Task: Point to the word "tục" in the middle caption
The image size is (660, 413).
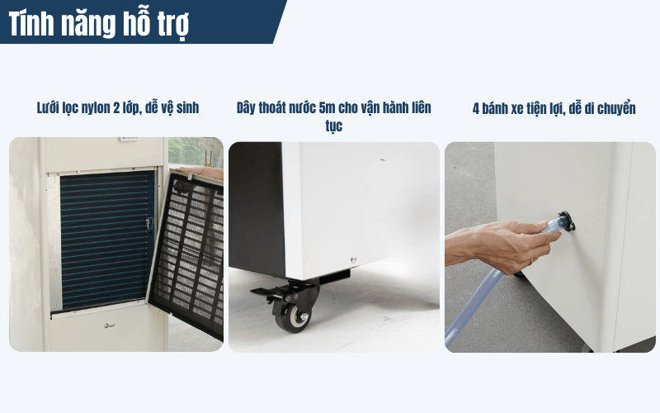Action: click(x=333, y=127)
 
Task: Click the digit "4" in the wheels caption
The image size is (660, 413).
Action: click(x=475, y=108)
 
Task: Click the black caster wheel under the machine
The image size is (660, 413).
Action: click(x=293, y=314)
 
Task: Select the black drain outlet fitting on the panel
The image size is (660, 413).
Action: click(x=565, y=221)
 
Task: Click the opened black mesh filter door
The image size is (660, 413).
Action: click(x=191, y=248)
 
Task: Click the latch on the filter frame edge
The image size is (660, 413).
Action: click(x=149, y=223)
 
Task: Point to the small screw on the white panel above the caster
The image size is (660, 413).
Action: click(x=352, y=254)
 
